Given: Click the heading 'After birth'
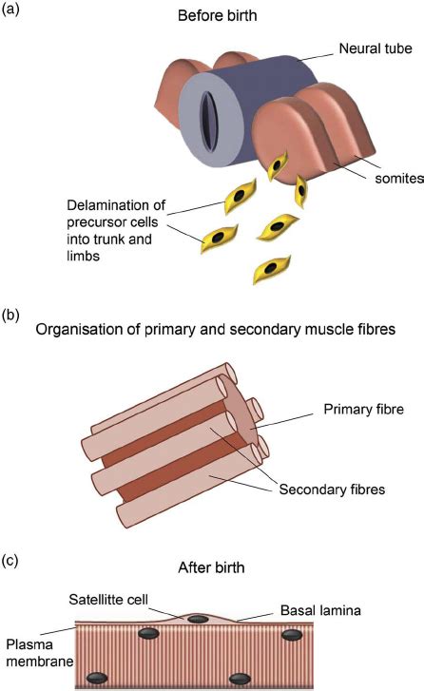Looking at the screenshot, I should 213,568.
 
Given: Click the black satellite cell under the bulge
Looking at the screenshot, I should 198,620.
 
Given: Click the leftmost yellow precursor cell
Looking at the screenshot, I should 219,237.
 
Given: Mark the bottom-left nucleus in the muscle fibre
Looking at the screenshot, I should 97,678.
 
